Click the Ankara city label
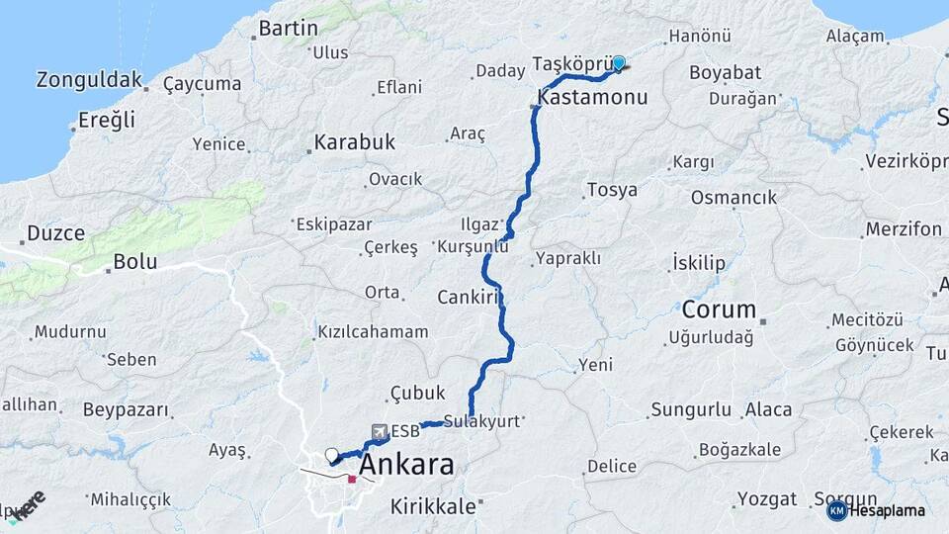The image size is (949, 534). [406, 465]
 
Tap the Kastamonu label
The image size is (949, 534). [592, 97]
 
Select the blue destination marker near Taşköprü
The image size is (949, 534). [619, 64]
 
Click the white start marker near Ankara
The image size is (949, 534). [331, 456]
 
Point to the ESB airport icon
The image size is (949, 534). [381, 431]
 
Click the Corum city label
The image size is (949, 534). [719, 309]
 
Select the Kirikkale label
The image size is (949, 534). [433, 505]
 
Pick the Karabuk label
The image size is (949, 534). [354, 142]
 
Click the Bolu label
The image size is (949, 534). [134, 263]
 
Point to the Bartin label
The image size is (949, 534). [288, 28]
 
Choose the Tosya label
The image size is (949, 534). [612, 190]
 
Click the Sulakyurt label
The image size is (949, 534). [481, 420]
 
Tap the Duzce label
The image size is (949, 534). [55, 234]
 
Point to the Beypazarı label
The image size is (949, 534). [126, 409]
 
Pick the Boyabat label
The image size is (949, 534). [725, 72]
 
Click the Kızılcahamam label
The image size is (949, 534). [373, 332]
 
